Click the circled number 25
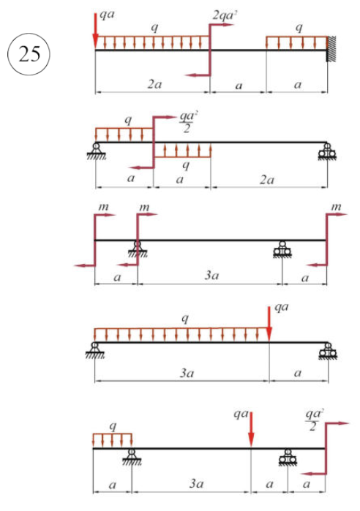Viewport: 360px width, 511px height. (29, 54)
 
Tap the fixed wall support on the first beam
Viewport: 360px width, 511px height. (331, 49)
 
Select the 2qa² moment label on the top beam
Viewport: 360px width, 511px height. (223, 15)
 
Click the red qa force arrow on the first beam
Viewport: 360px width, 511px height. (95, 31)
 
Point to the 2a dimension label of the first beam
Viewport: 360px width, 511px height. (154, 85)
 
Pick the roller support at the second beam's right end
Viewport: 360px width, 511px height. (327, 151)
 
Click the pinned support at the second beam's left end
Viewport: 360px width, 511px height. (96, 151)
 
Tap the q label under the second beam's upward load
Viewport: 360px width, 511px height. (186, 165)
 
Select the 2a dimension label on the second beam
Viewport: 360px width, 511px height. (267, 180)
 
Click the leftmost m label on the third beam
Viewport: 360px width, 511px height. (104, 207)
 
